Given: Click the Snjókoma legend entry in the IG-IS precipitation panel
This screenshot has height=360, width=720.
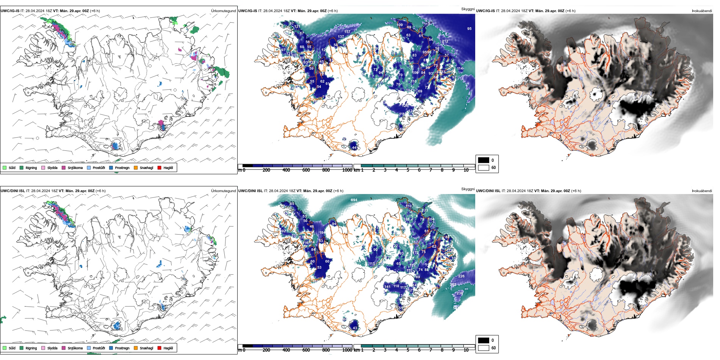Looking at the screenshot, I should [75, 167].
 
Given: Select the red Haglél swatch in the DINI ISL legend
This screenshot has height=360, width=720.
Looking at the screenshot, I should [160, 348].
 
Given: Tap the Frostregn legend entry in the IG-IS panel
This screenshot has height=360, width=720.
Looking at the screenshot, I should [122, 167].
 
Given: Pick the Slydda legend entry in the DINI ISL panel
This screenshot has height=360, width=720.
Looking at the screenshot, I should [52, 348].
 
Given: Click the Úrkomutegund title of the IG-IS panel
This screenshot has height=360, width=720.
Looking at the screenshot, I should [223, 11].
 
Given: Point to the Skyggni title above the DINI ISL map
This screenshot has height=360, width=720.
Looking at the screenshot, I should [468, 189].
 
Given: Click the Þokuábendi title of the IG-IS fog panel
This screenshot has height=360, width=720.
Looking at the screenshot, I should [702, 11].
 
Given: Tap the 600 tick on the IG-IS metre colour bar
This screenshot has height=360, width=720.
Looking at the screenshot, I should [306, 170].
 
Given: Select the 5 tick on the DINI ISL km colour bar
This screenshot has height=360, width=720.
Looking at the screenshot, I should [408, 350].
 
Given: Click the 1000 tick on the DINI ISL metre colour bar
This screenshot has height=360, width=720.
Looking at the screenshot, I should [347, 350].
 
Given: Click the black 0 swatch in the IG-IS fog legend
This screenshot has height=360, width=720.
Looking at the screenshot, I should [484, 160].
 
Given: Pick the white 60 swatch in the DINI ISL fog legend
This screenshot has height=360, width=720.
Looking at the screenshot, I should [484, 347].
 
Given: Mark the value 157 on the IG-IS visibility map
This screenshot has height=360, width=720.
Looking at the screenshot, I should [347, 32].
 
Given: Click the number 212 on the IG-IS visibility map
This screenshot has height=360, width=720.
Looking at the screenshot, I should [445, 41].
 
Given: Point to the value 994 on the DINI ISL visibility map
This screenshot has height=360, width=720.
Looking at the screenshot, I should [354, 200].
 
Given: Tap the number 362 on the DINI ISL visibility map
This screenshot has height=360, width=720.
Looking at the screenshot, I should [453, 285].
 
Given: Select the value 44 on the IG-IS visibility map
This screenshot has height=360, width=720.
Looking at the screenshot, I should [354, 148].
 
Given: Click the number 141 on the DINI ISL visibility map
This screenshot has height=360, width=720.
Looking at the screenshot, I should [387, 287].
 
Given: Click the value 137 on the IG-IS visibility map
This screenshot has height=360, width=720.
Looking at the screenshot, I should [341, 37].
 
